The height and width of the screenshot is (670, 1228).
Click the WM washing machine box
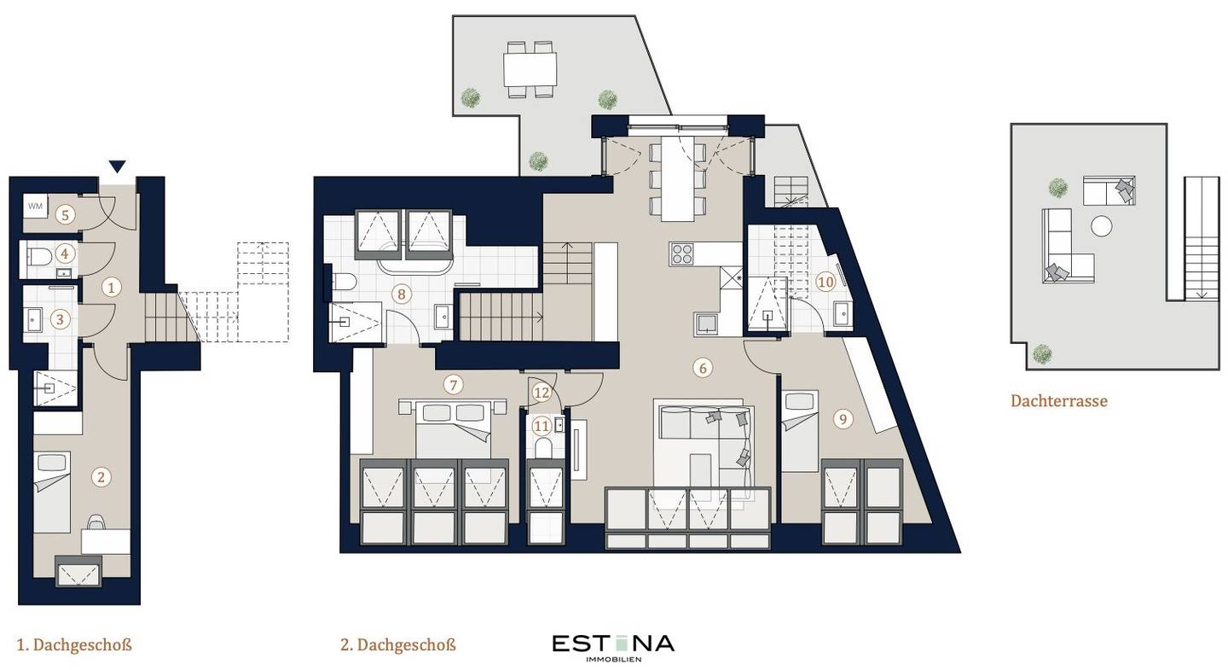(35, 207)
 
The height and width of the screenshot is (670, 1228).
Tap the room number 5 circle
(65, 215)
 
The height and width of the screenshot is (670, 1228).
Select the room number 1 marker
(111, 287)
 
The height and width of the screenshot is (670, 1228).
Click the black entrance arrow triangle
(118, 166)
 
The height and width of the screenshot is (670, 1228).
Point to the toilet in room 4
(39, 256)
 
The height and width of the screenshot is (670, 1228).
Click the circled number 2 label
(101, 477)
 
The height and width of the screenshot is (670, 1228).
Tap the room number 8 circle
(402, 294)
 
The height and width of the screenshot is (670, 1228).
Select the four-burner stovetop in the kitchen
(682, 254)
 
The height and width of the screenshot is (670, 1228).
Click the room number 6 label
(703, 367)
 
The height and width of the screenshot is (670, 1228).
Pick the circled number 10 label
(825, 282)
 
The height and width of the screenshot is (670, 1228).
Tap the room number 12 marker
(541, 393)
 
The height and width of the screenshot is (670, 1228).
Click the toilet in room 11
(542, 447)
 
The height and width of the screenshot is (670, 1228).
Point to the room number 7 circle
(454, 385)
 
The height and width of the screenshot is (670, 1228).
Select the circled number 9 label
(843, 419)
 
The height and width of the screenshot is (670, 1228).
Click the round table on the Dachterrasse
(1102, 226)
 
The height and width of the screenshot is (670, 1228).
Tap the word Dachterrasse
(1058, 401)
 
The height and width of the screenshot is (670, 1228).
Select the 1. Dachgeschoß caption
(74, 644)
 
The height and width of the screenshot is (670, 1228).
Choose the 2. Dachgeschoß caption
(398, 644)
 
